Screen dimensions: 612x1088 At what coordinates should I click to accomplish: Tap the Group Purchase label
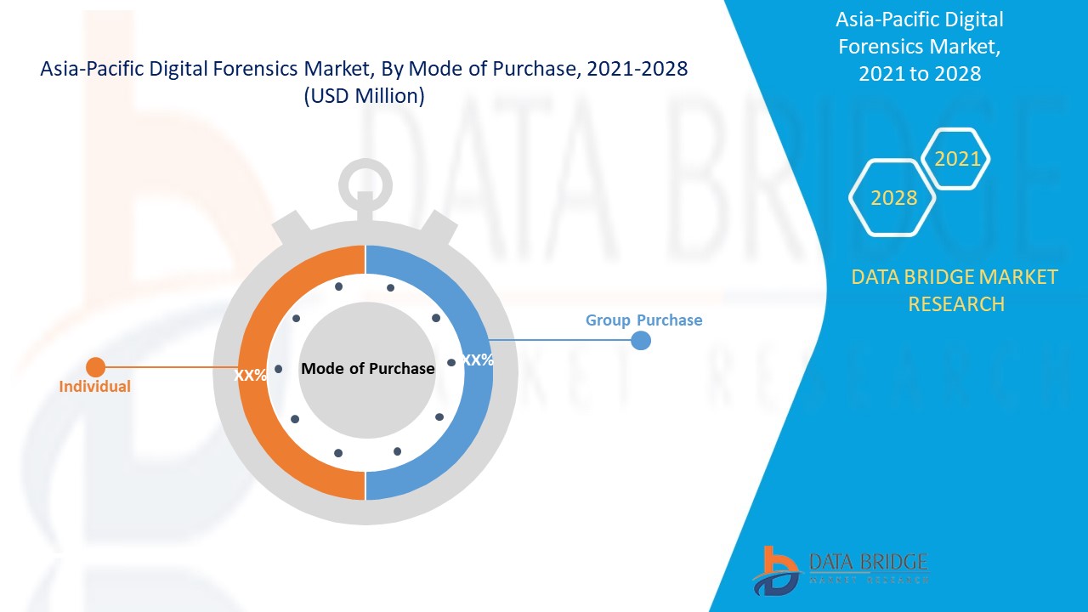tap(643, 320)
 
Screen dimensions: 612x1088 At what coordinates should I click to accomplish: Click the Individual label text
tap(94, 387)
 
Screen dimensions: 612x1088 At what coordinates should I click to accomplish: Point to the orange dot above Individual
tap(95, 367)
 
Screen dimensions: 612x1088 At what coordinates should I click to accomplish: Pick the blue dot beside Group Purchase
tap(641, 340)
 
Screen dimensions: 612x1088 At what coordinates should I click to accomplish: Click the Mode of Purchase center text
tap(367, 369)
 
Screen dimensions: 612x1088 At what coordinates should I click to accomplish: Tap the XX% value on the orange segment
tap(251, 375)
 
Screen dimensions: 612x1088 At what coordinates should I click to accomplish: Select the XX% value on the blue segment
tap(478, 360)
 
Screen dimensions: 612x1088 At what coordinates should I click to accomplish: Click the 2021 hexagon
tap(957, 158)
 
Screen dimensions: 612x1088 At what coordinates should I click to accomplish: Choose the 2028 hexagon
tap(893, 198)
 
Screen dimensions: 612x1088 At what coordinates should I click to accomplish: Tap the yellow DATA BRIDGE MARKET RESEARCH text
tap(955, 290)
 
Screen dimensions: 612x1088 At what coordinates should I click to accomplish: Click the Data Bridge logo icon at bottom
tap(774, 570)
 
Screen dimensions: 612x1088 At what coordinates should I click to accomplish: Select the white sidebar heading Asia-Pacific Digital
tap(919, 20)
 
